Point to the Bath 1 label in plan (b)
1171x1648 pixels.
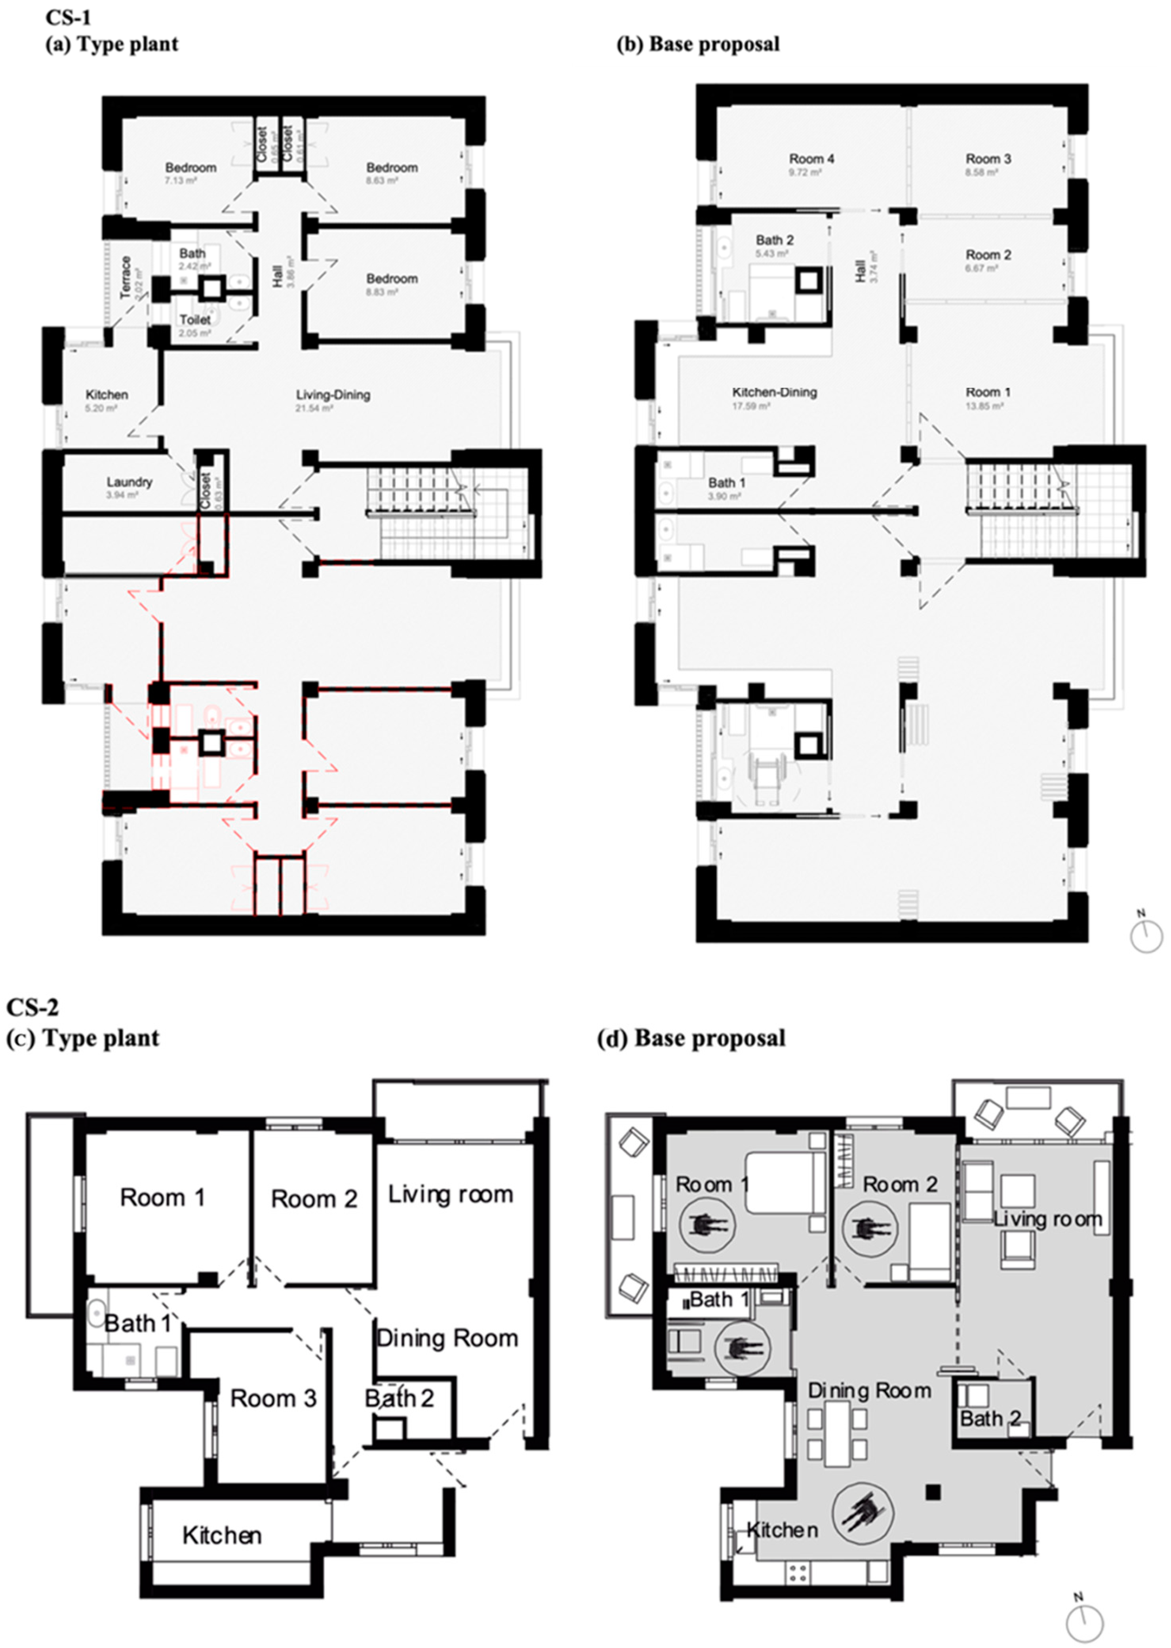(x=726, y=482)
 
